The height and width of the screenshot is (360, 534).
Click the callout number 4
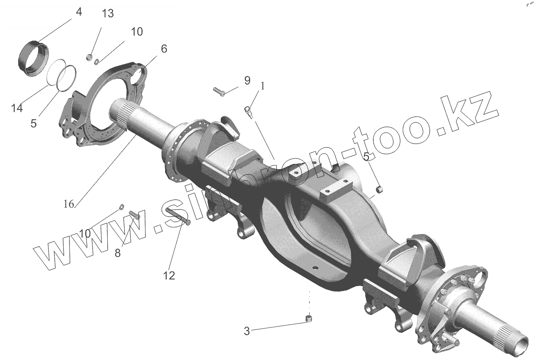point(79,12)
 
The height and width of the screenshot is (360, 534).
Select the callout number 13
point(108,13)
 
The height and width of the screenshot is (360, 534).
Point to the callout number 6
point(164,49)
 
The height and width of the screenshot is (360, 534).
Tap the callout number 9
point(247,81)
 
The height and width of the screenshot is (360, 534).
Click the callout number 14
point(17,108)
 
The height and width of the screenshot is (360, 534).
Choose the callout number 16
point(69,204)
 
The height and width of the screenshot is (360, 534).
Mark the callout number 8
point(117,253)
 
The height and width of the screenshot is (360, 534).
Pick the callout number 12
point(169,275)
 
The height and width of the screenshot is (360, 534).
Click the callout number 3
point(247,331)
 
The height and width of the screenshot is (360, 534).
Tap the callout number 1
point(263,86)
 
